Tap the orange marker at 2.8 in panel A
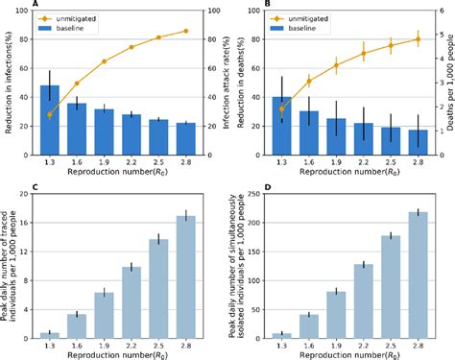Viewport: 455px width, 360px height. pos(186,31)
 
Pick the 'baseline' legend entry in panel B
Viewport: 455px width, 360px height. pos(299,29)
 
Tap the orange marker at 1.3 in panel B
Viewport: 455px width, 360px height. pos(280,108)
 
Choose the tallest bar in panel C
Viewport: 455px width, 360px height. pos(186,278)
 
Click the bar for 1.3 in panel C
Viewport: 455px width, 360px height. pos(50,337)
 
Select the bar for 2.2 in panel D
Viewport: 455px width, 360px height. pos(362,302)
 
